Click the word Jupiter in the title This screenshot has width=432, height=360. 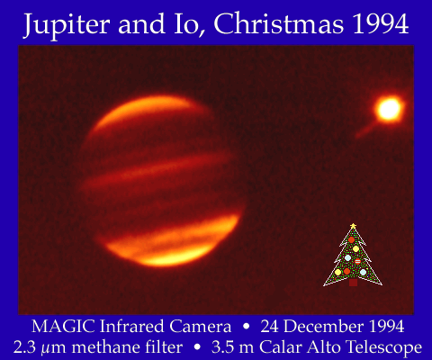(x=66, y=25)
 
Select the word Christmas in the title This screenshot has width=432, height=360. (x=278, y=24)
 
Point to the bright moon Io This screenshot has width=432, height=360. (x=389, y=109)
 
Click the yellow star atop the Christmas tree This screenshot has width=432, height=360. (x=353, y=226)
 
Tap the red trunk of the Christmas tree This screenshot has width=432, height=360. (x=353, y=283)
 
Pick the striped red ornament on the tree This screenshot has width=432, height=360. (x=357, y=261)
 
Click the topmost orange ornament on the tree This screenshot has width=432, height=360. (x=351, y=239)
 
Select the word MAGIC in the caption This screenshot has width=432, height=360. (x=63, y=327)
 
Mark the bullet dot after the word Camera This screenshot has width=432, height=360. (x=247, y=327)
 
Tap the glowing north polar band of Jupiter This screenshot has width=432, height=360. (x=144, y=112)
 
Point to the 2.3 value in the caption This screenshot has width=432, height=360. (x=24, y=347)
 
